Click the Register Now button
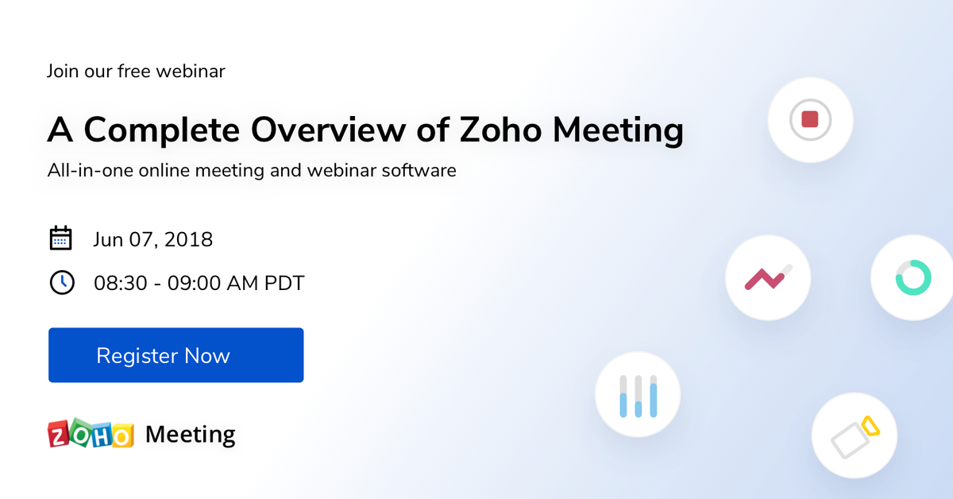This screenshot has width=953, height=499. click(176, 355)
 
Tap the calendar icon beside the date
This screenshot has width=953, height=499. click(60, 238)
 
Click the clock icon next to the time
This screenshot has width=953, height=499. click(62, 282)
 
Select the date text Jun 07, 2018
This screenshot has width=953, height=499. click(152, 239)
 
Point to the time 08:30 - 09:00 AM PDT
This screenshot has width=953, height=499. click(199, 283)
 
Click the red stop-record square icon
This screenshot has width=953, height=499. click(810, 120)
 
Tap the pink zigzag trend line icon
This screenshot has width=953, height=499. click(769, 277)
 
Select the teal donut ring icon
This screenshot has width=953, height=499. click(913, 277)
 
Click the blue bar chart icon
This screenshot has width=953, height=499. click(639, 396)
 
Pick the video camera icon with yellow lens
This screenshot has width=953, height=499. click(855, 438)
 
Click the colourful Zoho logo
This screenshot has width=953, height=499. click(91, 433)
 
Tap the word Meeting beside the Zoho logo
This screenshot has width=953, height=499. click(190, 435)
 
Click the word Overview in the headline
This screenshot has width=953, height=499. click(328, 130)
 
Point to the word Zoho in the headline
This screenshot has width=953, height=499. click(500, 130)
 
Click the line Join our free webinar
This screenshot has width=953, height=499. click(136, 71)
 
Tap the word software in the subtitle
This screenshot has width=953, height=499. click(419, 170)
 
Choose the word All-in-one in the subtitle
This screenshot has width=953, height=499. click(91, 170)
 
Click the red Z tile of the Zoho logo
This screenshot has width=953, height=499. click(58, 434)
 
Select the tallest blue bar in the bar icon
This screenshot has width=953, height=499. click(654, 400)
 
